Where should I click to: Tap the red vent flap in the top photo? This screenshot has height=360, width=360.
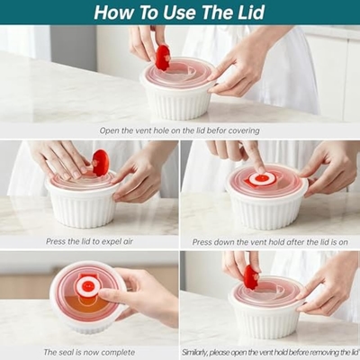pyautogui.click(x=163, y=58)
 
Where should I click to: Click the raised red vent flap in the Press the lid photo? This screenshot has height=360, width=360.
pyautogui.click(x=101, y=163)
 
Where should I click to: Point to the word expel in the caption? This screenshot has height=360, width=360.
pyautogui.click(x=110, y=242)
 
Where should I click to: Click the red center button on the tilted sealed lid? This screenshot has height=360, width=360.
pyautogui.click(x=87, y=286)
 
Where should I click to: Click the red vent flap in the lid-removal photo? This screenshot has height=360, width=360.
pyautogui.click(x=251, y=277)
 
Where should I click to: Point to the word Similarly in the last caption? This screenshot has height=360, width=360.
pyautogui.click(x=195, y=352)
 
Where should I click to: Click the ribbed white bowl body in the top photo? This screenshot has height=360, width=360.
pyautogui.click(x=177, y=103)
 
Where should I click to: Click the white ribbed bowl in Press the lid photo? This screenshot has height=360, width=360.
pyautogui.click(x=82, y=206)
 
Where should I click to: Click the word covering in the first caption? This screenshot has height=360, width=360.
pyautogui.click(x=244, y=131)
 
